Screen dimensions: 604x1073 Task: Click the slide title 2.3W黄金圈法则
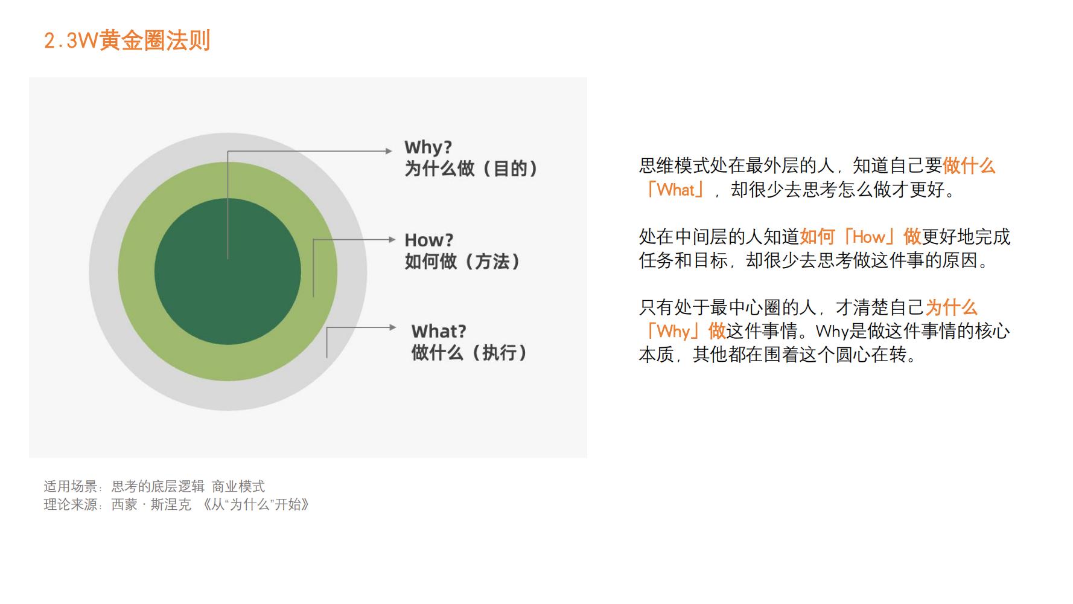click(x=127, y=40)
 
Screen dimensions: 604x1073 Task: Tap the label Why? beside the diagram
click(x=428, y=147)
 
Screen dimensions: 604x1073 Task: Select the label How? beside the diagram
click(x=428, y=240)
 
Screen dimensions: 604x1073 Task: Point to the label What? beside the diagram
click(x=439, y=331)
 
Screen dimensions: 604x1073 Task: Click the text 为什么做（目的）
click(x=471, y=169)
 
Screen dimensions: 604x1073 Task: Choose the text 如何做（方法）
click(x=462, y=262)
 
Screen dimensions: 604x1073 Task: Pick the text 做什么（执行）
click(x=470, y=353)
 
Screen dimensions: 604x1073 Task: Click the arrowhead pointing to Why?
click(x=389, y=151)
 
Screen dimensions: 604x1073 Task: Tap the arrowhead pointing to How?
click(x=392, y=240)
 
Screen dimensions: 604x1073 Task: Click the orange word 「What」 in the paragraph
click(x=675, y=190)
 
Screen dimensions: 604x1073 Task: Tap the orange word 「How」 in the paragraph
click(x=869, y=237)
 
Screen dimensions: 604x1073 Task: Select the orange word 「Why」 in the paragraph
click(x=673, y=331)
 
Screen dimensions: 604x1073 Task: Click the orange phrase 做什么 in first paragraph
click(x=968, y=166)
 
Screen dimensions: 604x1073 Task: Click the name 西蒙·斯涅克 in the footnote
click(x=151, y=505)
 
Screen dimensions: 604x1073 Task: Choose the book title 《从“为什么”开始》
click(x=256, y=505)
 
